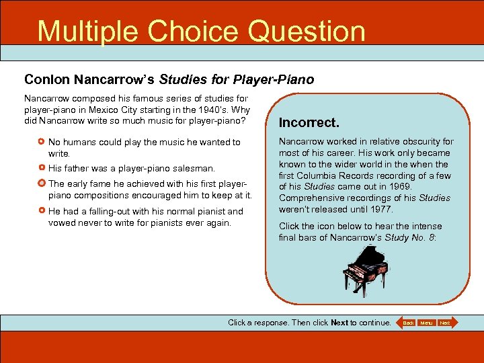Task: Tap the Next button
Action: [x=445, y=323]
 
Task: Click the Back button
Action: [x=407, y=323]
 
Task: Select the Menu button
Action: [x=426, y=323]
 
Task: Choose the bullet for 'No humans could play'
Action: [x=42, y=143]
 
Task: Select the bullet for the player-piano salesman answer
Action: [x=42, y=168]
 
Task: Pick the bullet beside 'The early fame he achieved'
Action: [x=42, y=184]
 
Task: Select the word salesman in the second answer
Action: [x=195, y=168]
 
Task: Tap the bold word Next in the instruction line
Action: [x=339, y=323]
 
